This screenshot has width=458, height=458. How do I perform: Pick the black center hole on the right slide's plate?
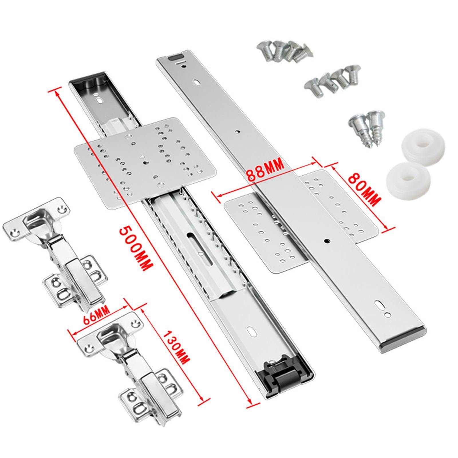(326, 241)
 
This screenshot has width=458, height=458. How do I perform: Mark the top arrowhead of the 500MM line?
(56, 92)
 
